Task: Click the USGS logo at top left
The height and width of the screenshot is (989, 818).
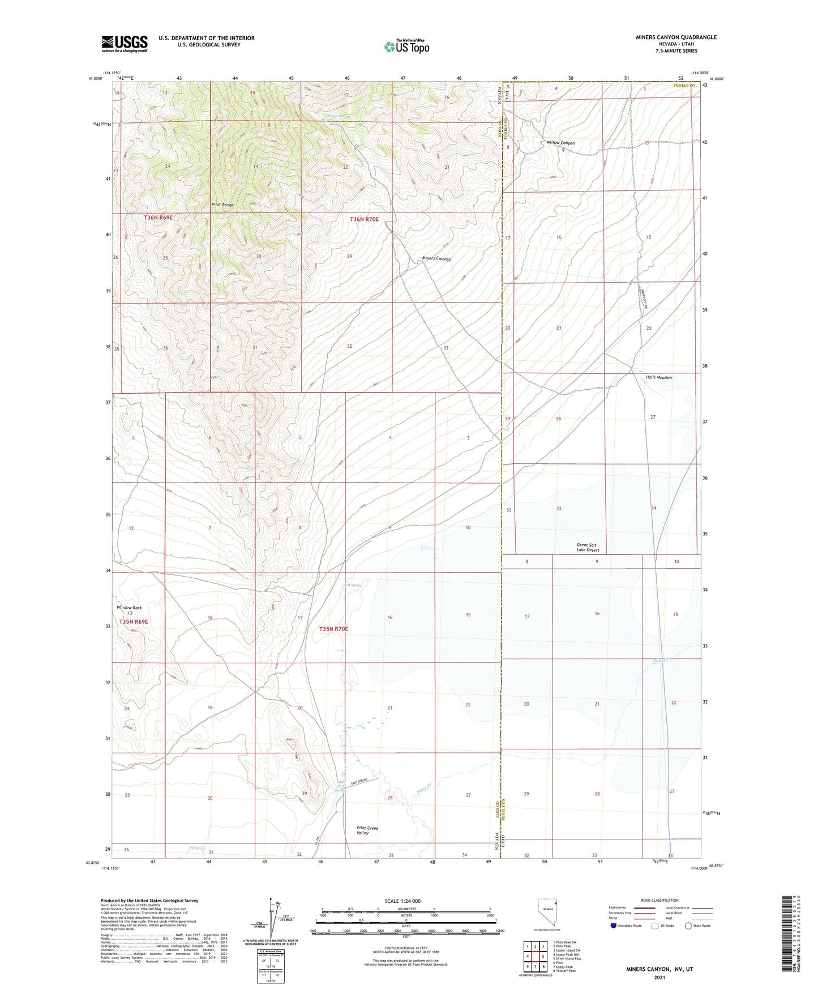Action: tap(125, 44)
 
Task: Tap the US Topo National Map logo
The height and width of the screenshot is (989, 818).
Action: tap(406, 46)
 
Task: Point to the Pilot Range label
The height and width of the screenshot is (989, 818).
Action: tap(222, 204)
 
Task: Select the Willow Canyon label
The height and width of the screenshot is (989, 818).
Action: tap(560, 143)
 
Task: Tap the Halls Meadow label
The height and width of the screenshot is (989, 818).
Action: tap(659, 377)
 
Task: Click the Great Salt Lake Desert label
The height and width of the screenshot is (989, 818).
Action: tap(588, 547)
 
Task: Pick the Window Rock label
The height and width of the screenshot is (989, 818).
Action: tap(129, 607)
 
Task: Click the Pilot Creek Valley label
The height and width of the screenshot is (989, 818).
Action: tap(367, 830)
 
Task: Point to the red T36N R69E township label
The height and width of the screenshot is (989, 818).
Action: tap(158, 218)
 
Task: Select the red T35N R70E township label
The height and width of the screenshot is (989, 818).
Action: tap(333, 629)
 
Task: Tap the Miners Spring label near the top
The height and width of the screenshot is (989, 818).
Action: tap(337, 116)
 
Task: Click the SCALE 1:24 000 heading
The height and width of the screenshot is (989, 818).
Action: tap(402, 901)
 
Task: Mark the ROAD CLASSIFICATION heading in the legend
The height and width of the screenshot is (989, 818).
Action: tap(660, 900)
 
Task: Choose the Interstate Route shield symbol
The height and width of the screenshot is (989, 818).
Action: tap(614, 926)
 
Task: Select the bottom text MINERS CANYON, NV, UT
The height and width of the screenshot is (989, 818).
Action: tap(659, 969)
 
